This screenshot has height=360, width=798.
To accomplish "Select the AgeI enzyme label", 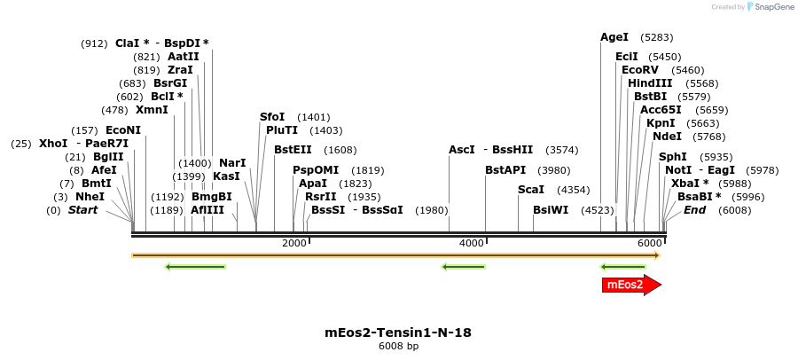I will point(614,37).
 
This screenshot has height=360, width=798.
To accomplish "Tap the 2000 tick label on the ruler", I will point(293,244).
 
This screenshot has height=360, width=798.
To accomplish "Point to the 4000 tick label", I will point(472,244).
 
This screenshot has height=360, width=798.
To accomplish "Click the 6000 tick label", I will point(649,244).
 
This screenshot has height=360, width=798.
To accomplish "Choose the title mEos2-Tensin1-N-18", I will point(398,333).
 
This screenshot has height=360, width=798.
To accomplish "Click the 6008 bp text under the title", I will point(398,347).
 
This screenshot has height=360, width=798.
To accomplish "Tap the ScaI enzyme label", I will point(531,190).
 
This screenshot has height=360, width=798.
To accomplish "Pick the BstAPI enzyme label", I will point(505,169).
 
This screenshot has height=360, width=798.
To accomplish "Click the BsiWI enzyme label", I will point(551,210).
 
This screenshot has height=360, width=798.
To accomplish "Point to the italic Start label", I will point(82,210).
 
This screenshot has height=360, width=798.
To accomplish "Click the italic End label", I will point(694,210).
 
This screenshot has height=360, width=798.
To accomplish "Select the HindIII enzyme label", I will point(650,83).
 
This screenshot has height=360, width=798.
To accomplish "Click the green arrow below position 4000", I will point(463,266).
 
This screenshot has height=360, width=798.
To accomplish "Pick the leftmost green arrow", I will point(195,266).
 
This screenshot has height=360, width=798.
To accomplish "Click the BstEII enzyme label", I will point(293,150).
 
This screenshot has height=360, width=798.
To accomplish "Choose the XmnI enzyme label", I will point(152,110).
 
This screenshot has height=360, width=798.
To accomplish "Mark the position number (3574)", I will point(563,150).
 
